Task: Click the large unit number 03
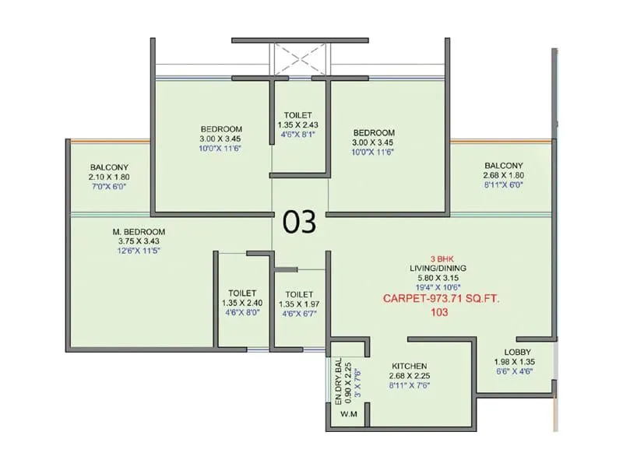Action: point(299,223)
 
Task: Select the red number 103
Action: point(439,313)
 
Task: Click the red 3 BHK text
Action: point(440,258)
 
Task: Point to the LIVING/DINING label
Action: point(440,268)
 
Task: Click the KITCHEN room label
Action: point(409,366)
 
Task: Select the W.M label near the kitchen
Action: point(347,414)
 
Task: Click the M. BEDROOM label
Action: point(138,232)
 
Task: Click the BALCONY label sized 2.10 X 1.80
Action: point(108,167)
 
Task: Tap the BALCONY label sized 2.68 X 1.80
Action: point(503,165)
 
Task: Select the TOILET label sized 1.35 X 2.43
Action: point(297,114)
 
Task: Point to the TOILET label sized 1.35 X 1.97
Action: point(298,293)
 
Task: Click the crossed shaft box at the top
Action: point(297,58)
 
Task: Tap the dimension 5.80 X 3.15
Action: point(440,277)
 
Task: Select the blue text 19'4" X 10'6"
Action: point(440,286)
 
